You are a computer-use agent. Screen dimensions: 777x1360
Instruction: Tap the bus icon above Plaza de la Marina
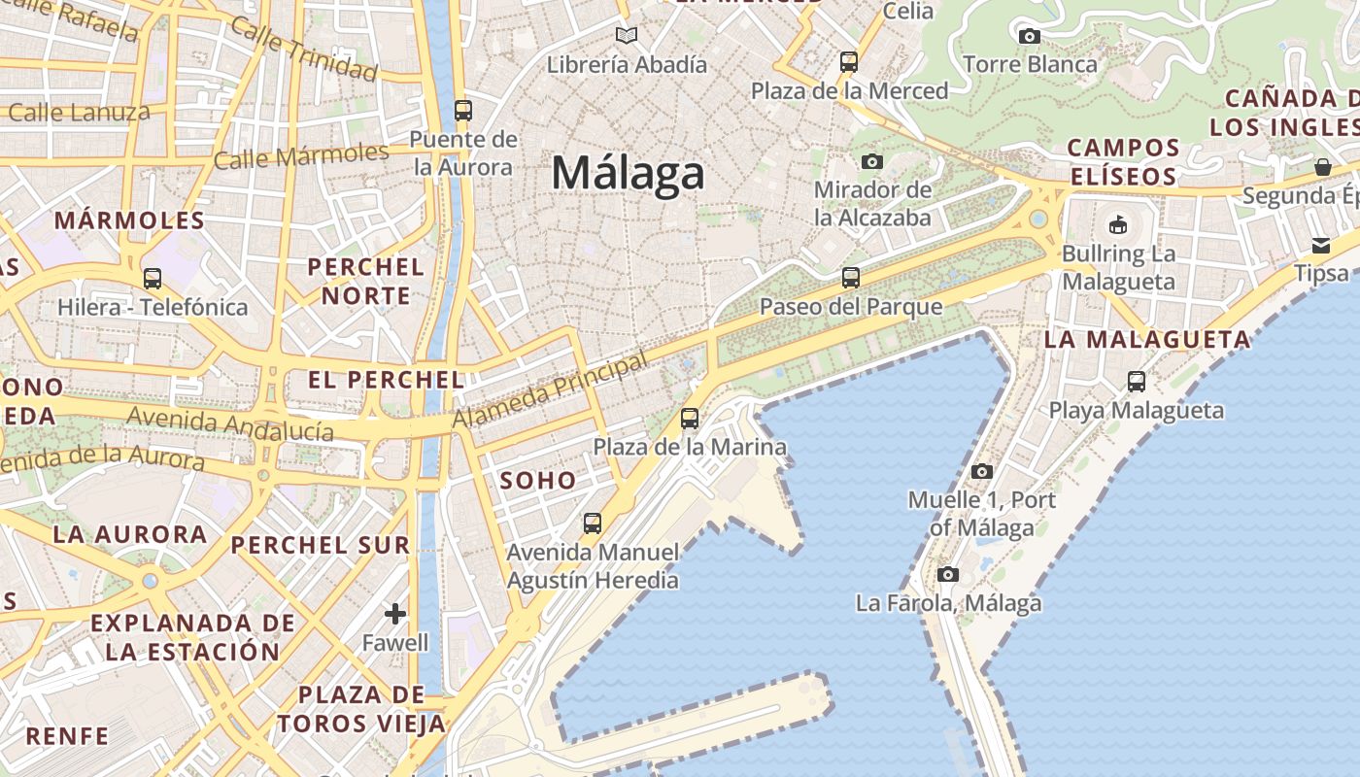[x=690, y=420]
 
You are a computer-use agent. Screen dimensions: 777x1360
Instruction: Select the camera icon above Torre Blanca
[x=1029, y=37]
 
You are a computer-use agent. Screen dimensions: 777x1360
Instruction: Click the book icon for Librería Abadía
[x=627, y=36]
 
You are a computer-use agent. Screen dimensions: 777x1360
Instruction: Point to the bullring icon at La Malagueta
[x=1118, y=225]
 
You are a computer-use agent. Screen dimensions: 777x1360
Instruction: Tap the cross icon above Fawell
[x=395, y=614]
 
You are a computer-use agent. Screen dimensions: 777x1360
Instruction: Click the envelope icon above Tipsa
[x=1321, y=245]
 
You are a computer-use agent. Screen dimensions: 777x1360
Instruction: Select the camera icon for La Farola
[x=948, y=575]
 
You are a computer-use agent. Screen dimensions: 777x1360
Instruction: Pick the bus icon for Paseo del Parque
[x=851, y=278]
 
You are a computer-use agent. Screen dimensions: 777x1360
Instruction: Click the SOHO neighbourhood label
[x=538, y=480]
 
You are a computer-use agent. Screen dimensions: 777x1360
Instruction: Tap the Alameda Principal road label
[x=551, y=391]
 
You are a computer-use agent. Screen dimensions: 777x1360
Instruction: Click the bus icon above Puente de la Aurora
[x=462, y=111]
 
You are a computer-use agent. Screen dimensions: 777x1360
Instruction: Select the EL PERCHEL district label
[x=387, y=380]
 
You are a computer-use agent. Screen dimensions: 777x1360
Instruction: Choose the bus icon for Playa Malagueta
[x=1137, y=382]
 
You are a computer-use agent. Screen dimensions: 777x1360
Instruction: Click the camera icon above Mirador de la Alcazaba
[x=872, y=161]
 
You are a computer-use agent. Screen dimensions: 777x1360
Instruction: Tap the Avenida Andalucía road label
[x=230, y=423]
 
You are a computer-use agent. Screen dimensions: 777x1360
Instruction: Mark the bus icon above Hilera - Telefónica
[x=153, y=279]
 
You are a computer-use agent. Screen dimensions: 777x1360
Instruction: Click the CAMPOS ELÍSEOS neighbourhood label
[x=1122, y=162]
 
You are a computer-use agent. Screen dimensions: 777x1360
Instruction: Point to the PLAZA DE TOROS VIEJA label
[x=361, y=709]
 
